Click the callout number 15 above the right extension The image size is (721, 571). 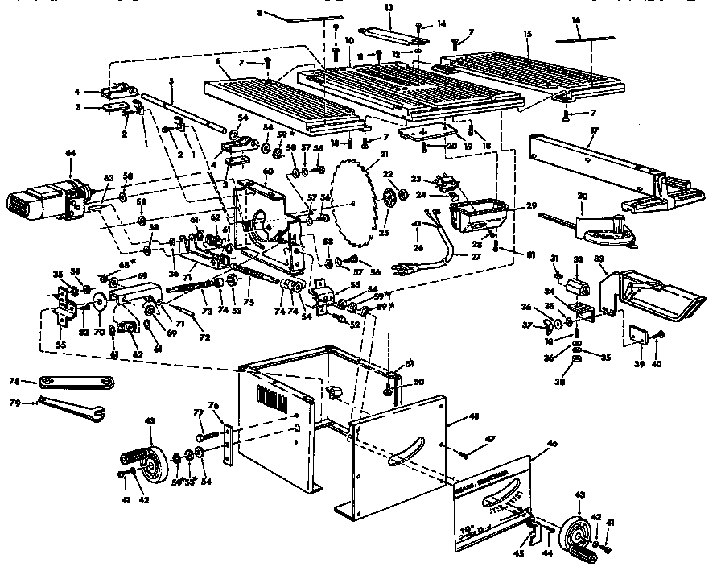[x=527, y=35]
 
